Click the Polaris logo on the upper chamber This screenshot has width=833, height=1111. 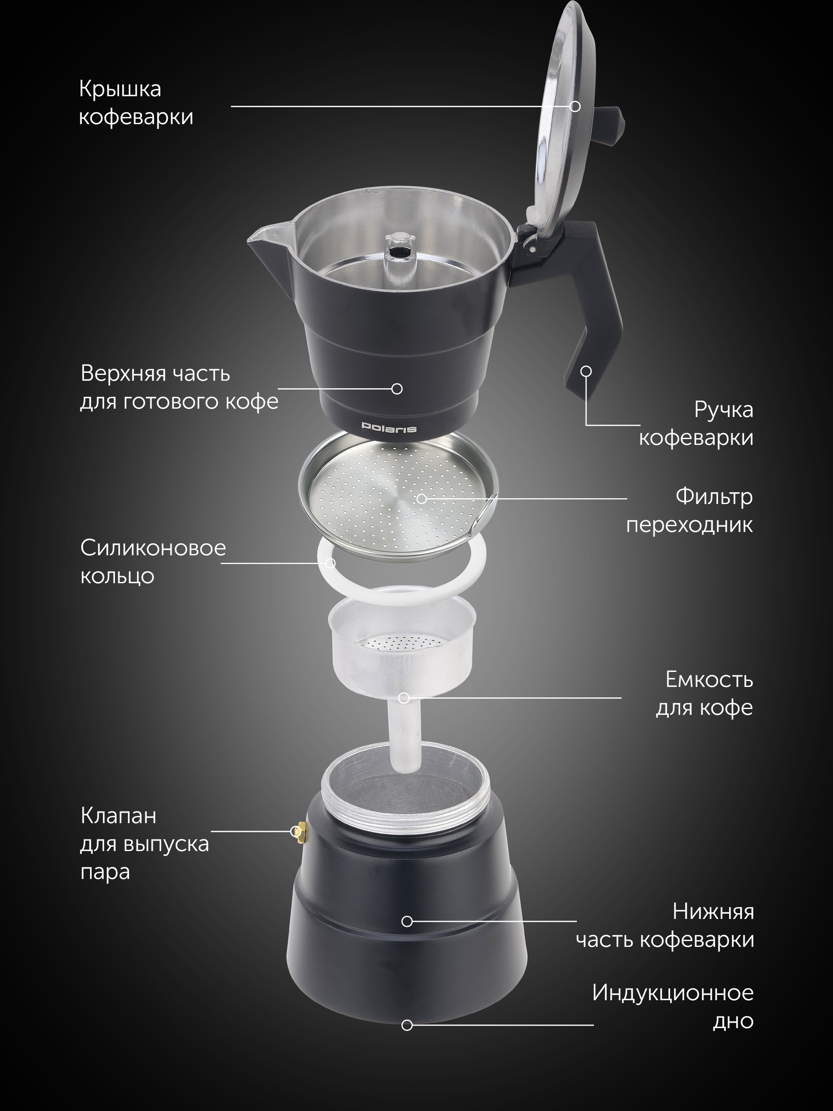pos(389,428)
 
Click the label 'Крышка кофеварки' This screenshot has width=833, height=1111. pos(135,103)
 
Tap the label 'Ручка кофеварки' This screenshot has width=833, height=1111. pos(696,423)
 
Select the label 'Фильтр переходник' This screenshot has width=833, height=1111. pos(689,510)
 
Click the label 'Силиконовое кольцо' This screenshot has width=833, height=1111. pos(153,562)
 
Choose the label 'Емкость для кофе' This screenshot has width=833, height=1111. pos(704,694)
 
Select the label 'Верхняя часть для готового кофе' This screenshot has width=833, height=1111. pos(179,387)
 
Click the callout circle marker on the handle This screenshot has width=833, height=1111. pos(586,371)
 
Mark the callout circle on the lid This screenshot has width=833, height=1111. pos(576,107)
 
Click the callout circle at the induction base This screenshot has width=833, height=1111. pos(407,1025)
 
